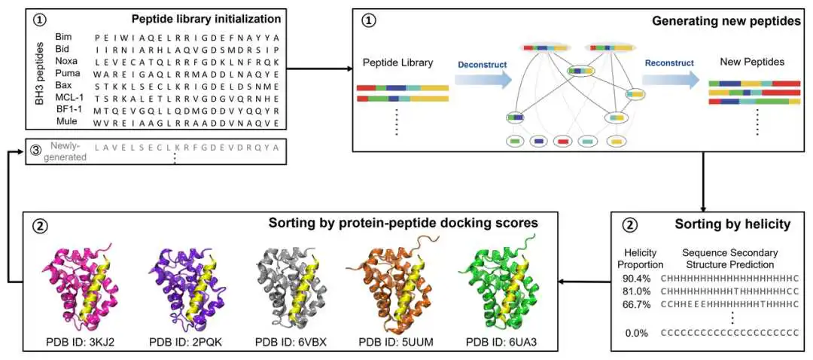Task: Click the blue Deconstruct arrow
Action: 483,79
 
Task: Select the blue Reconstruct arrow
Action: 669,79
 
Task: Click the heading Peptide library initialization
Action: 206,19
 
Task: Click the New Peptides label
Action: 752,61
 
